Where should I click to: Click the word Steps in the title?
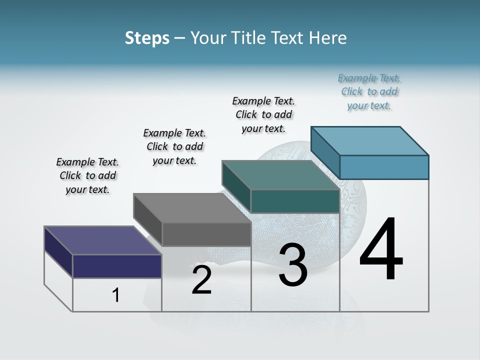point(147,38)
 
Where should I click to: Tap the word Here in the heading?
point(327,38)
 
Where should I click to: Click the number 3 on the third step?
point(293,265)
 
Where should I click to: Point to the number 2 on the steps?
point(201,280)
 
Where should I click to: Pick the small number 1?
point(116,295)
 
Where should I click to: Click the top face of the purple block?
point(102,240)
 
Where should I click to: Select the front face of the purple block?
point(117,266)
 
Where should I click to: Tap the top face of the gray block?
point(192,208)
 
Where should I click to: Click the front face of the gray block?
point(206,234)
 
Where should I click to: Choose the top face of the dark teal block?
point(280,175)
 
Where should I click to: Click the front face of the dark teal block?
point(295,201)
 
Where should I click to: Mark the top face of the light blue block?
point(369,140)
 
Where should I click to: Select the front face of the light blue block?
point(384,167)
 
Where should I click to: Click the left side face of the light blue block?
point(325,152)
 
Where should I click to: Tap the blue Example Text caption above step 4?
point(369,91)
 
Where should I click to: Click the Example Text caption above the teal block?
point(263,114)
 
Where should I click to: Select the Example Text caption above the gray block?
point(174,146)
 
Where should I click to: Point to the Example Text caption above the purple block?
point(87,175)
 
